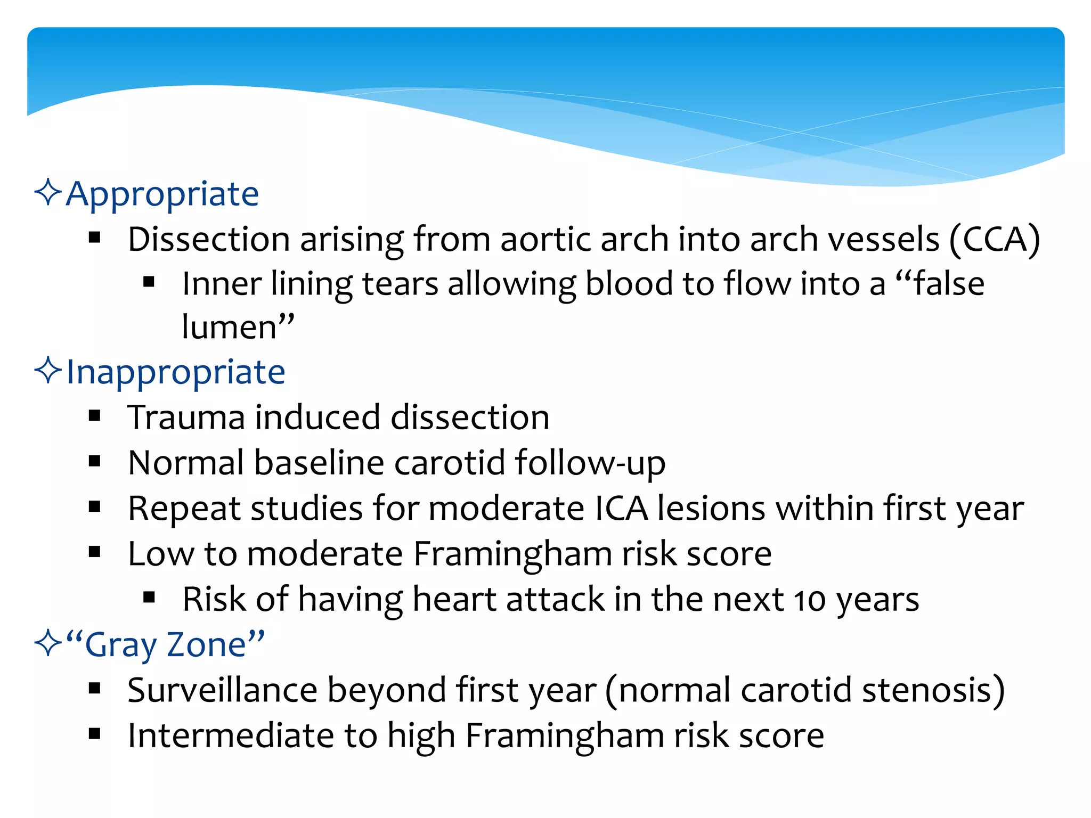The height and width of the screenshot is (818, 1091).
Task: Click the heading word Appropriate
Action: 162,194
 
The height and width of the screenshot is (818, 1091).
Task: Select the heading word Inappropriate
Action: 175,372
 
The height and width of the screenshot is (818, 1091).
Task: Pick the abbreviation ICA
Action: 621,508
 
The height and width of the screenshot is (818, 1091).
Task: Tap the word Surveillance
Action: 222,690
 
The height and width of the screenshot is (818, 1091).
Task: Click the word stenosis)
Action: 933,690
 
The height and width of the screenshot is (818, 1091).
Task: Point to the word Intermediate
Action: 231,736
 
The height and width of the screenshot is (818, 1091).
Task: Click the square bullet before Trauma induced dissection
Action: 95,416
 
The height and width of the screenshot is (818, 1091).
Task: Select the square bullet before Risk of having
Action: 149,598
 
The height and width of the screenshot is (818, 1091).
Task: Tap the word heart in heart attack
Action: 454,599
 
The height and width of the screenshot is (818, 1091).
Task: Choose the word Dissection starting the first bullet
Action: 209,239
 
